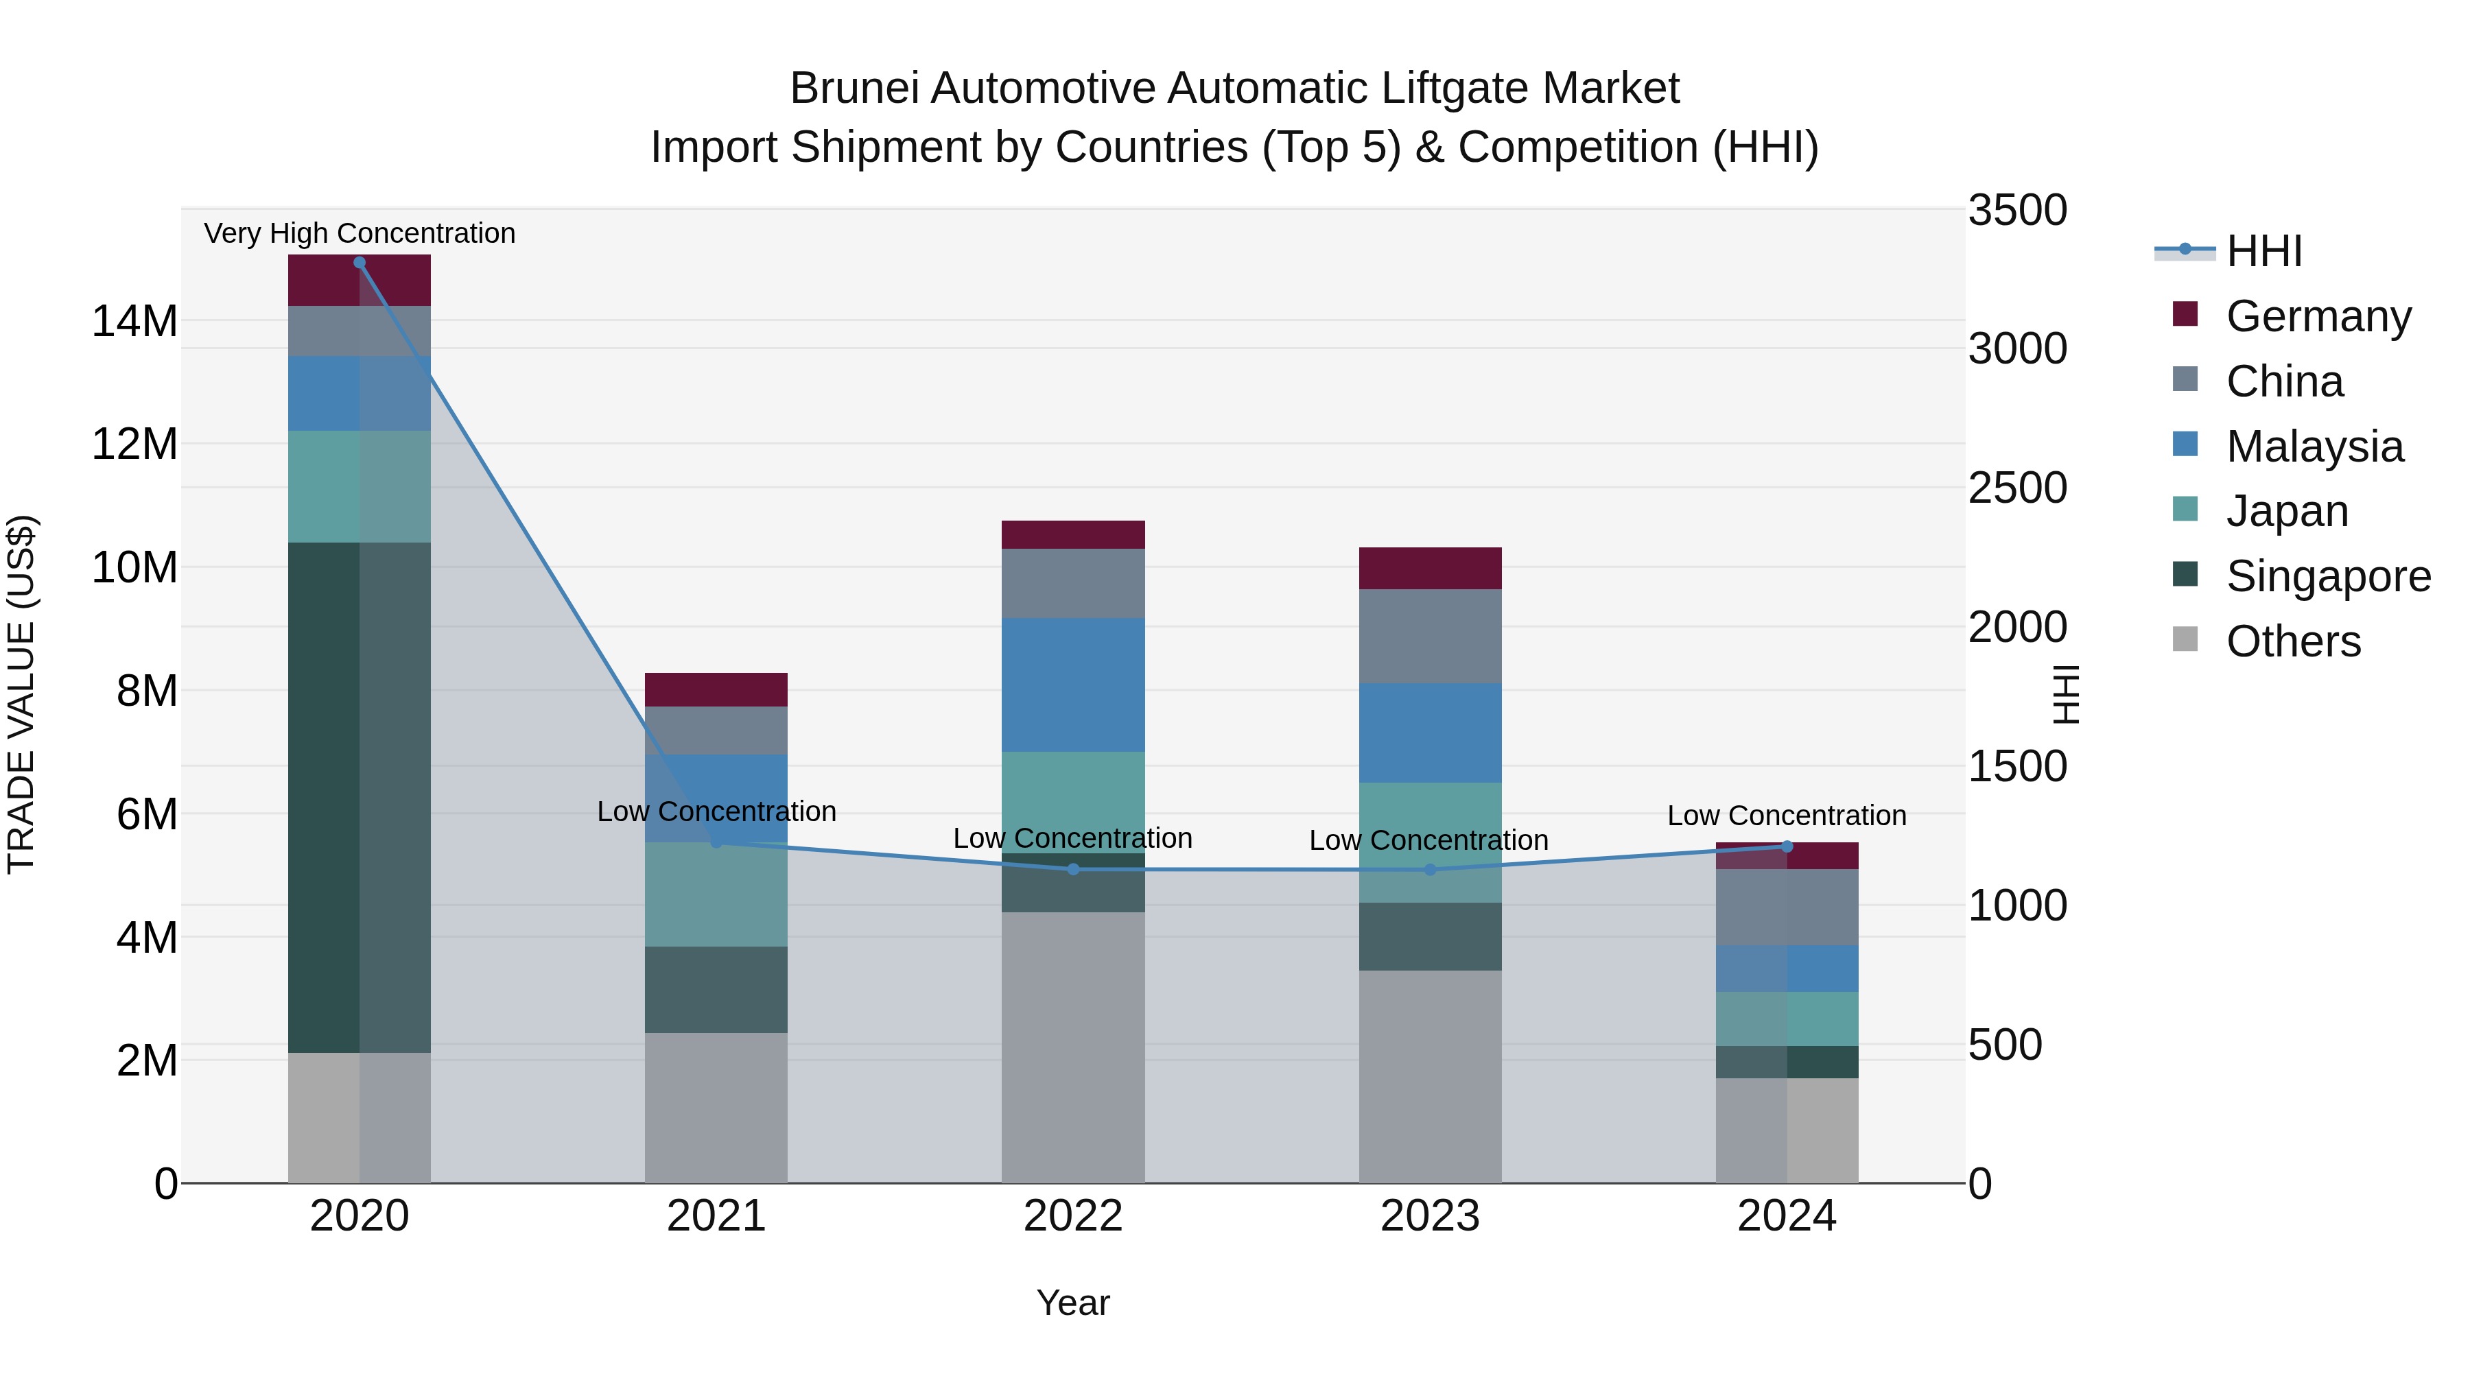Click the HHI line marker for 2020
[360, 263]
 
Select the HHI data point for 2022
[1073, 870]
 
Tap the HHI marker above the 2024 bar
[1787, 846]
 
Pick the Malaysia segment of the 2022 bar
[1073, 685]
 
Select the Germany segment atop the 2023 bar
[1430, 569]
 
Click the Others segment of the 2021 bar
[716, 1107]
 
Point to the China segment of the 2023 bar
[1430, 637]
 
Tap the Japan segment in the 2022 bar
[1073, 801]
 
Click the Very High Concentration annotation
[360, 233]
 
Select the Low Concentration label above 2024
[1787, 816]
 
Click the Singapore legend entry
[2327, 576]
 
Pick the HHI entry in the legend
[2263, 251]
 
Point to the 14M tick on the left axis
[134, 321]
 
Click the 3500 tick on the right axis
[2017, 210]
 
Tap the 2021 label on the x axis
[716, 1216]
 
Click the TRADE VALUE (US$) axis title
[21, 694]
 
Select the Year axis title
[1073, 1303]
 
